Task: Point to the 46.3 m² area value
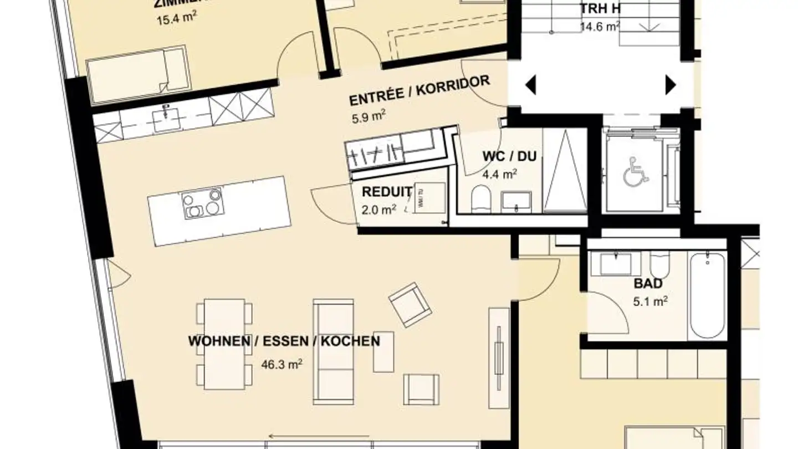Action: (282, 365)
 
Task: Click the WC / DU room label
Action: (509, 156)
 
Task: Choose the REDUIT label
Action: (386, 192)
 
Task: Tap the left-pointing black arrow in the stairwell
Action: (530, 85)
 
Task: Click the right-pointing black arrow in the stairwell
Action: (671, 85)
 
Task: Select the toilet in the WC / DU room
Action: (480, 199)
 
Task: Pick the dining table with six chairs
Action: (224, 344)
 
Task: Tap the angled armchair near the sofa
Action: (410, 304)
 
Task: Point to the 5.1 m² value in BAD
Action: (649, 302)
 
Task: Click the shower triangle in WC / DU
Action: (564, 171)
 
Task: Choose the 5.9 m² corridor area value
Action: (367, 117)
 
